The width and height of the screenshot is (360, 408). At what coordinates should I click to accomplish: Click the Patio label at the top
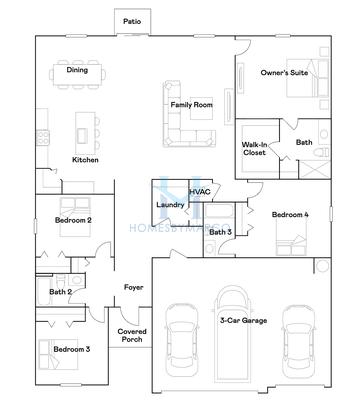[x=131, y=20]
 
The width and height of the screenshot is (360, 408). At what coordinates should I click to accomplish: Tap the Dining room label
[x=77, y=70]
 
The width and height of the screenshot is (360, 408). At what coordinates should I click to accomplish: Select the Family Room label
[x=190, y=104]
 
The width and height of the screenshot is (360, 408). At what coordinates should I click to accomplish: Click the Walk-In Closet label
[x=254, y=149]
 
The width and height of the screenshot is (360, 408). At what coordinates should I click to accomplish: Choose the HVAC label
[x=198, y=190]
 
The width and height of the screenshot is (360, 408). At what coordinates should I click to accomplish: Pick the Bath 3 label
[x=220, y=232]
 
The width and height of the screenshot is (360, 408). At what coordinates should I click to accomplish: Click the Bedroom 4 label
[x=291, y=214]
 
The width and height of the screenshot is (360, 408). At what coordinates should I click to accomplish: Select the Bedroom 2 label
[x=74, y=219]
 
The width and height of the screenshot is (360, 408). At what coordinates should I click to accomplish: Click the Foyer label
[x=133, y=287]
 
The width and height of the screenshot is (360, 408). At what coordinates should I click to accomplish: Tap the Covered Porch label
[x=132, y=335]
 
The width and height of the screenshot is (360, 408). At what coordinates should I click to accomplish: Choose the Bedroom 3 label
[x=72, y=349]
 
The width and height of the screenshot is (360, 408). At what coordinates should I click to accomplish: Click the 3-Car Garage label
[x=243, y=321]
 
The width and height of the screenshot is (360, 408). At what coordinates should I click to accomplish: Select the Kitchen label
[x=85, y=160]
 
